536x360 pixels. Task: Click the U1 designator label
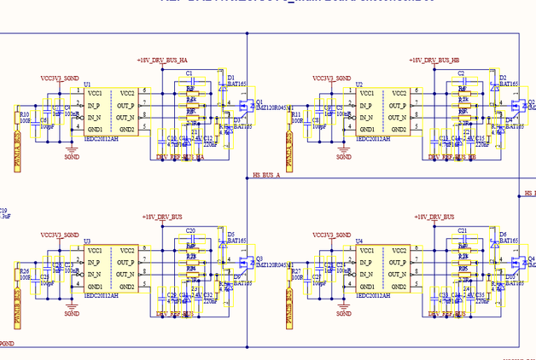click(87, 84)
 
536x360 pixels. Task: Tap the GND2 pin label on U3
click(126, 287)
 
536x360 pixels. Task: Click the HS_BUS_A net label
click(267, 175)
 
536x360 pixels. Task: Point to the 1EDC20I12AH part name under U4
click(372, 296)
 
